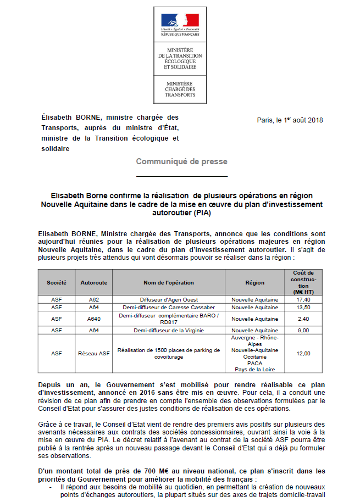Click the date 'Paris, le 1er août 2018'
click(290, 120)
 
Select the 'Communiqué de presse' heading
click(181, 161)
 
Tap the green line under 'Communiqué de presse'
click(181, 176)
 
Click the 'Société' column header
click(57, 283)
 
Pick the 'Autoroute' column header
click(94, 283)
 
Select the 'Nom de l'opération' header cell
click(169, 283)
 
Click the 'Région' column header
click(255, 283)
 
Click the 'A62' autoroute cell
click(94, 300)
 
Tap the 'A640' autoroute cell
click(94, 319)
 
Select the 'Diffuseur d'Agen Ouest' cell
click(169, 300)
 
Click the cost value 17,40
click(303, 300)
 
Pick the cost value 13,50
click(303, 308)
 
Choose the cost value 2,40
click(303, 319)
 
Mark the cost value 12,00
click(303, 354)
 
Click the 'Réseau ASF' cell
click(94, 354)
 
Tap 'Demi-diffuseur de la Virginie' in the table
click(169, 330)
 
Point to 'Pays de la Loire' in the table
click(255, 369)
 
